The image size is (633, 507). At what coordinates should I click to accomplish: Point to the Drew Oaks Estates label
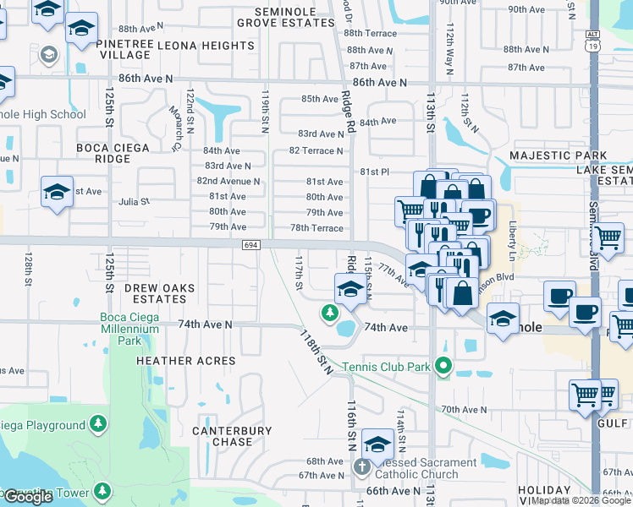[159, 293]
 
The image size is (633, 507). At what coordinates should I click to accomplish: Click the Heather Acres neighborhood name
[186, 361]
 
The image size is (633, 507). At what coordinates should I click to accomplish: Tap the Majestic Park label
[558, 155]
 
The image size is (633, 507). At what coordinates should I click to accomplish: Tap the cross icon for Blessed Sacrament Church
[361, 466]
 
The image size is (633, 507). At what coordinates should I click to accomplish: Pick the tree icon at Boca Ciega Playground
[99, 422]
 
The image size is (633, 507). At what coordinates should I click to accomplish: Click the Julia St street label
[133, 202]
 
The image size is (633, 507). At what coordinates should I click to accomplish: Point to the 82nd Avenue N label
[228, 181]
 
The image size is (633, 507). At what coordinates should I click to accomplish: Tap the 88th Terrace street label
[371, 33]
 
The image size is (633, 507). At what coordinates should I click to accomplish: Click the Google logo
[28, 497]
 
